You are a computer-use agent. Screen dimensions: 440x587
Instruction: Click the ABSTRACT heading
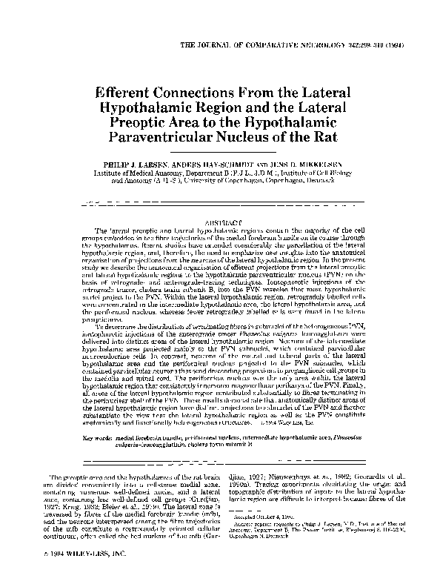(221, 223)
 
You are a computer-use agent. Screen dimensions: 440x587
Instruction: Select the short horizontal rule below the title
(220, 150)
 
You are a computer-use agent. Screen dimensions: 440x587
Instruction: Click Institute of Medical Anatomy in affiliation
(130, 171)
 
